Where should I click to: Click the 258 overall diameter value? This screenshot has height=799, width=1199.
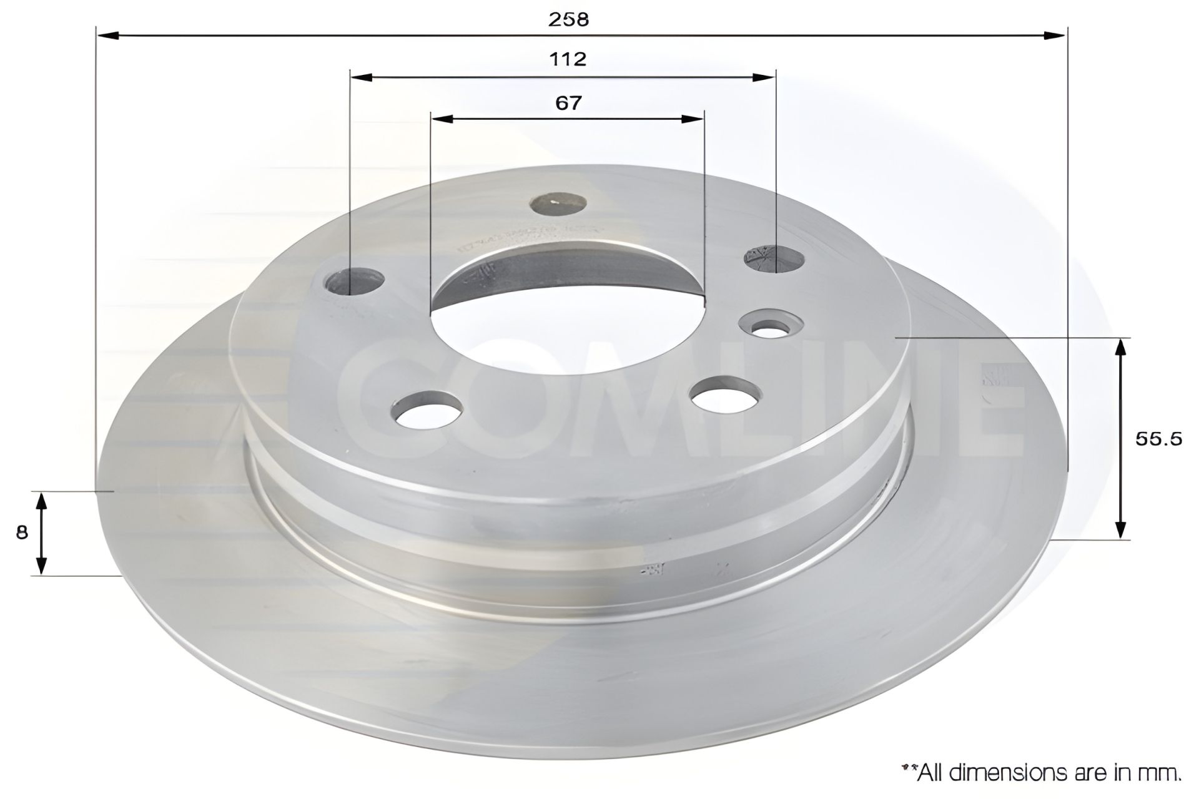(568, 20)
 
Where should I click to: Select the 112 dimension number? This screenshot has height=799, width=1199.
(568, 59)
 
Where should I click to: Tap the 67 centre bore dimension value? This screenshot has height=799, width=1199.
(568, 103)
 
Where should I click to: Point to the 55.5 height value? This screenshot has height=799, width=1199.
(1158, 439)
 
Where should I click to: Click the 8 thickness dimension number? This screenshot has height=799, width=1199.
(22, 532)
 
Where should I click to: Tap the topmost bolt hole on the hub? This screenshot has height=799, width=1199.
(558, 204)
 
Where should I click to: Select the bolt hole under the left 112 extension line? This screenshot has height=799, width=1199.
(353, 282)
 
